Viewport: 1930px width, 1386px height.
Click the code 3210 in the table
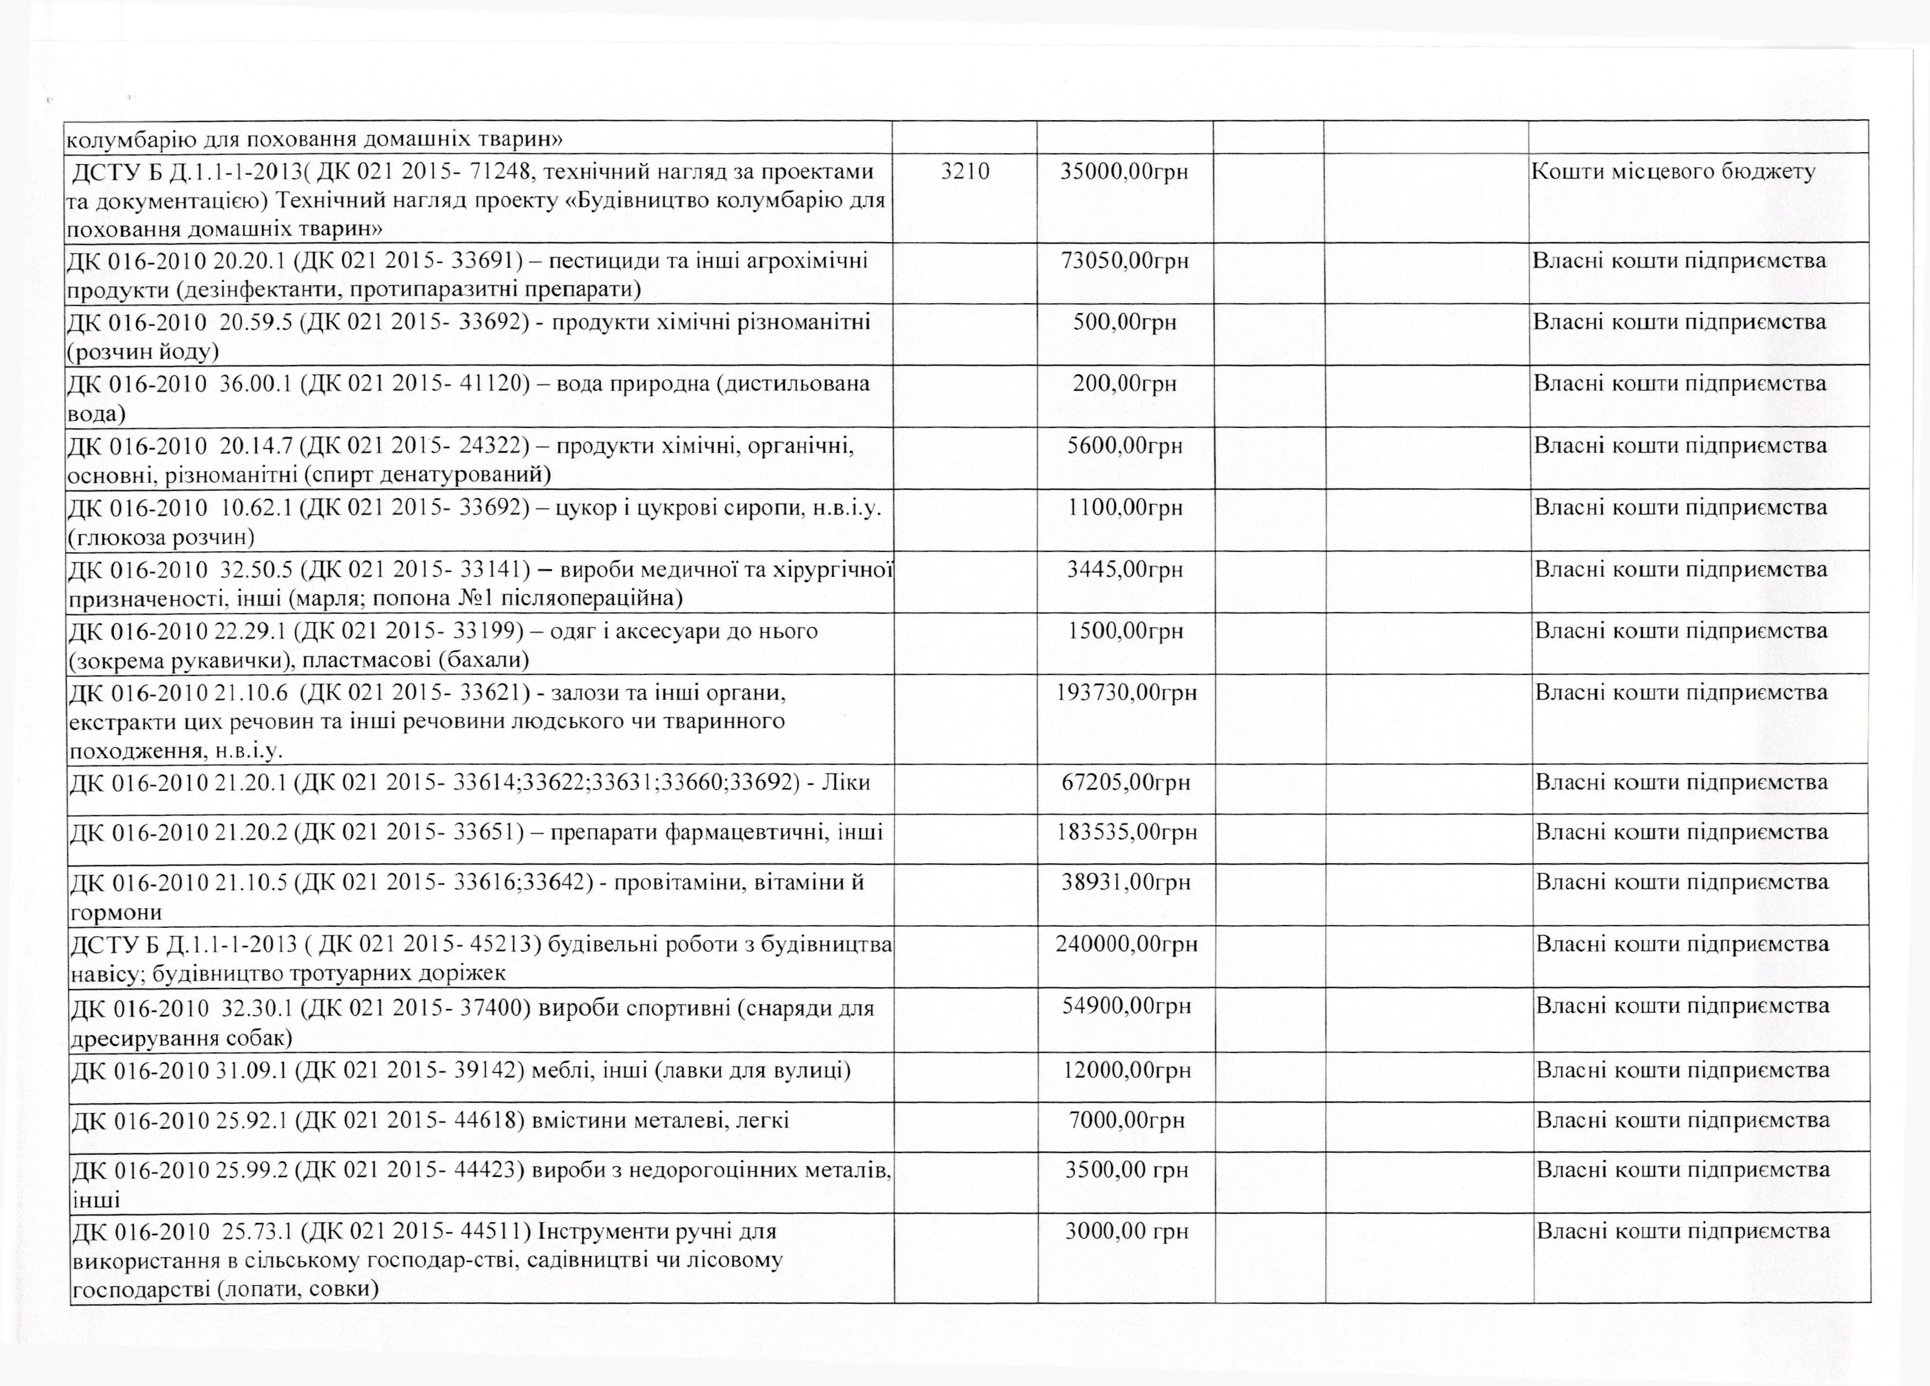pyautogui.click(x=965, y=172)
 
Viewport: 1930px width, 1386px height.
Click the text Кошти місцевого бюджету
pyautogui.click(x=1673, y=172)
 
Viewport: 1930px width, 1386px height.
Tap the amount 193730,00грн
pyautogui.click(x=1126, y=693)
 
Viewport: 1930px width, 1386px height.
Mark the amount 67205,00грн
pyautogui.click(x=1125, y=782)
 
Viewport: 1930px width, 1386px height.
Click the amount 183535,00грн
pyautogui.click(x=1126, y=831)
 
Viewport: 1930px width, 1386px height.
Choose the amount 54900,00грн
pyautogui.click(x=1126, y=1006)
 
